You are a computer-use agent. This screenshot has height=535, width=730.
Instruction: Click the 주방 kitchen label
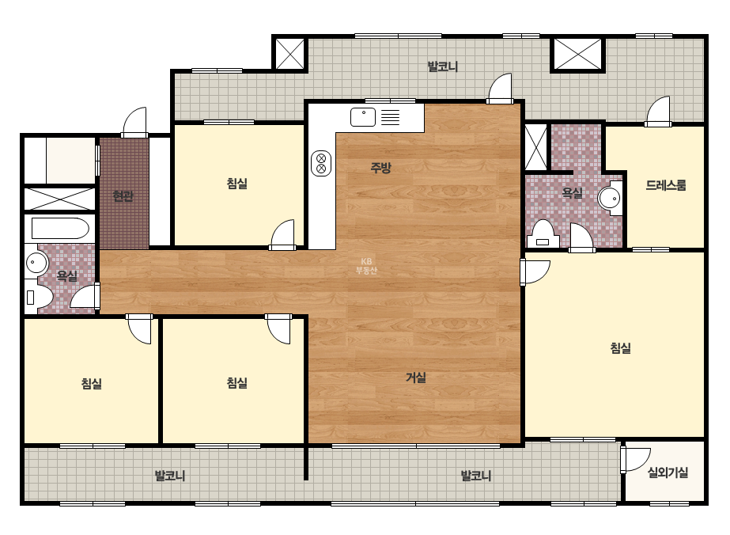[x=380, y=168]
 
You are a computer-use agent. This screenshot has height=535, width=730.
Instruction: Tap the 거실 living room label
[x=416, y=378]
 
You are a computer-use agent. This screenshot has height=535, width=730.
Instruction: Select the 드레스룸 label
[x=666, y=185]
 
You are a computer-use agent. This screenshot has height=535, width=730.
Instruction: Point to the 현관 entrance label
[x=123, y=196]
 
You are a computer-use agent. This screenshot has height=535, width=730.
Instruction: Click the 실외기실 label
[x=668, y=472]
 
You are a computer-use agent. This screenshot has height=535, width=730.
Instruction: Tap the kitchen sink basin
[x=363, y=117]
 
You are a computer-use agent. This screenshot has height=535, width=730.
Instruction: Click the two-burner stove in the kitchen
[x=321, y=164]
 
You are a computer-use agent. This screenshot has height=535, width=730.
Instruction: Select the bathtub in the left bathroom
[x=60, y=229]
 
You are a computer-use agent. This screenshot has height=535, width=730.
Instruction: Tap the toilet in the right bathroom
[x=543, y=234]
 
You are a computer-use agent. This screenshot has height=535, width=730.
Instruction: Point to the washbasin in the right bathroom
[x=611, y=199]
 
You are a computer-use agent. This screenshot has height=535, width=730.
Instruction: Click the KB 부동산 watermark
[x=366, y=266]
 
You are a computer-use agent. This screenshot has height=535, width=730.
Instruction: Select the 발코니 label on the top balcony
[x=443, y=66]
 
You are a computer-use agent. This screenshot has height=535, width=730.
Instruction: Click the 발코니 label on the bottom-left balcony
[x=170, y=476]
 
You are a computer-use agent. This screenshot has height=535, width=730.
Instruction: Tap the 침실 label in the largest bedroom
[x=621, y=348]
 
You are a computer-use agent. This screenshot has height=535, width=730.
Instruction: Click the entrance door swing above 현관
[x=135, y=123]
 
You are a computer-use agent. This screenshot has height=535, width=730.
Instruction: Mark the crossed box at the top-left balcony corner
[x=290, y=54]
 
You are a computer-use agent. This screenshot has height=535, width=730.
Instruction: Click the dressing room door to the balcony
[x=658, y=112]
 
